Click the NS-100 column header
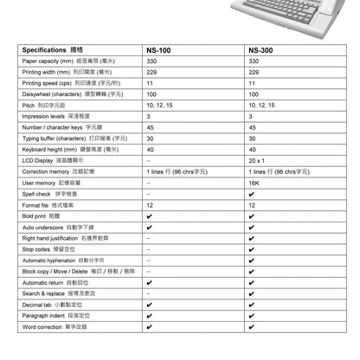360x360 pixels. [x=161, y=50]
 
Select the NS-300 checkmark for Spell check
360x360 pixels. [x=251, y=195]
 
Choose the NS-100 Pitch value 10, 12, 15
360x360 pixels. [x=160, y=106]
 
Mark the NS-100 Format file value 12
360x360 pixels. [x=151, y=205]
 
